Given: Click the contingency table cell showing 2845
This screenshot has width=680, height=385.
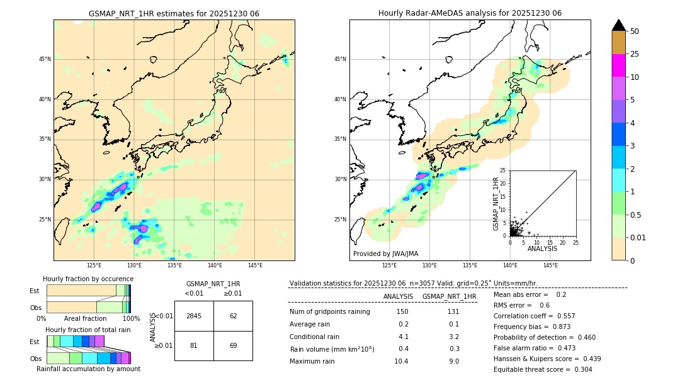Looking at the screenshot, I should (194, 316).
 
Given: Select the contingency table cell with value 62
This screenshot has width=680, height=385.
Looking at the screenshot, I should (233, 316).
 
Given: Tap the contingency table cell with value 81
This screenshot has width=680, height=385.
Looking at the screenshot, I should (194, 345).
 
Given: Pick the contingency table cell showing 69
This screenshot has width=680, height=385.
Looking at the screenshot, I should (233, 345).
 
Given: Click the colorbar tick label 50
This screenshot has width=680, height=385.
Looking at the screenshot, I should (635, 31).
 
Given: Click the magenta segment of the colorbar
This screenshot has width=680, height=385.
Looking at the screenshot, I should (619, 65).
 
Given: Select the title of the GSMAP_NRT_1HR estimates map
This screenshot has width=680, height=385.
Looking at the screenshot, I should (174, 13).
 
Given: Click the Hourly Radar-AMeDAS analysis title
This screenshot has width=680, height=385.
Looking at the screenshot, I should (470, 13).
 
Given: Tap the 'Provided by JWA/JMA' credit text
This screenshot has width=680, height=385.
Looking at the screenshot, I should (385, 254).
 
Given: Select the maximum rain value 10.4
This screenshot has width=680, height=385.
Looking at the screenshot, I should (401, 361).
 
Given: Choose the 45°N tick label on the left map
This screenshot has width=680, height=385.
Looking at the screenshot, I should (45, 59).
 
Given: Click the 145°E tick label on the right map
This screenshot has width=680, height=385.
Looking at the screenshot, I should (550, 265).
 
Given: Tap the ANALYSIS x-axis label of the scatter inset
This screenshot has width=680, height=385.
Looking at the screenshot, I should (542, 248).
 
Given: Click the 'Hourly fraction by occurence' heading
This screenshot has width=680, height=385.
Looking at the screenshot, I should (88, 279).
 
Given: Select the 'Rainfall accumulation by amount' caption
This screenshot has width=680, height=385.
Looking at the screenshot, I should (88, 369).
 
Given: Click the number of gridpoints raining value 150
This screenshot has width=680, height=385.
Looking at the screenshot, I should (402, 311).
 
